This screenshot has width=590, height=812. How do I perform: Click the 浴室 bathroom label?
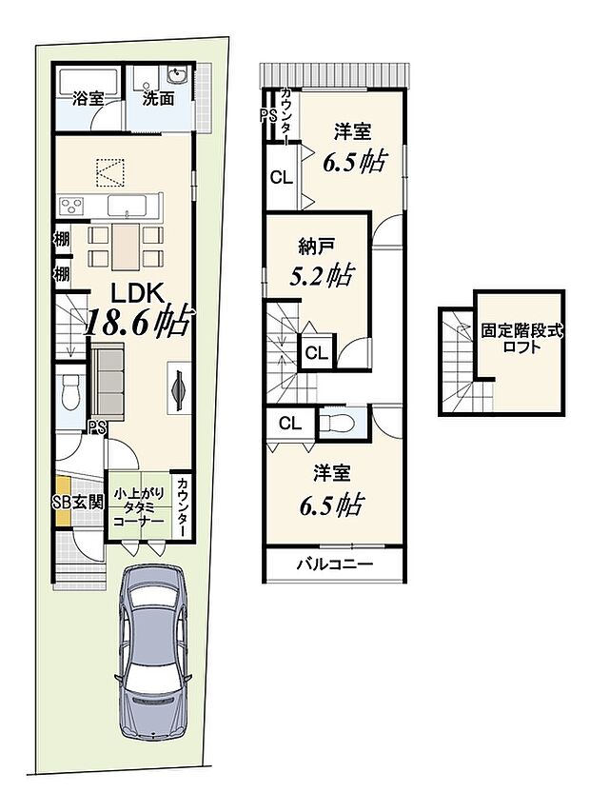coord(88,98)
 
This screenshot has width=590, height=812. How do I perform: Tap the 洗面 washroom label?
coord(158,98)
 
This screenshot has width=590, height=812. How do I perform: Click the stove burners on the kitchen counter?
coord(71,207)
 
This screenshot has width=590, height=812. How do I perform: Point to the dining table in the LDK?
coord(126,246)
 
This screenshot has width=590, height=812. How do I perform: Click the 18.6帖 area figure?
coord(139,322)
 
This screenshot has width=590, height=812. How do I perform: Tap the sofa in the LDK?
coord(108,381)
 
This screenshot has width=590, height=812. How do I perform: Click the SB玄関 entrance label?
coord(79,502)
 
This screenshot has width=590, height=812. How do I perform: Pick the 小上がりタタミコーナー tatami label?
coord(139,507)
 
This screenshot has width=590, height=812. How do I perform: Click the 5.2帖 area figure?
coord(321,275)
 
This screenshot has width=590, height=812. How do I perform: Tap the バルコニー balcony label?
coord(334,564)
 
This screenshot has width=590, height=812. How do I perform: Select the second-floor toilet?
coord(337,423)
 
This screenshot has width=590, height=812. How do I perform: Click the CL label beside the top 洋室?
coord(282,178)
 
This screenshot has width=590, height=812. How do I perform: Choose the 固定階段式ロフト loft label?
coord(521,338)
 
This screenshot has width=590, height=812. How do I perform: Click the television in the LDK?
coord(179,386)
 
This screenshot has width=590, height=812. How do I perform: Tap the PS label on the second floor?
coord(268,115)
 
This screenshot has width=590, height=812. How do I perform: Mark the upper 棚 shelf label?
coord(62,239)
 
